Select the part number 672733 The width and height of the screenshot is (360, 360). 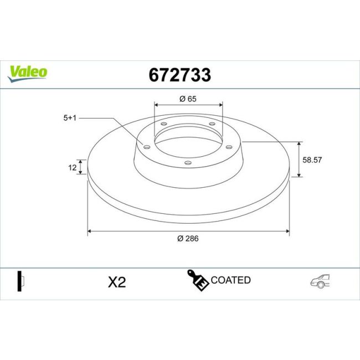click(x=180, y=75)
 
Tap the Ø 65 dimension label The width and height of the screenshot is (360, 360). click(x=188, y=99)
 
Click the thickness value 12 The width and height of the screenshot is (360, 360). click(x=71, y=167)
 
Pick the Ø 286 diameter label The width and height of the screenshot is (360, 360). click(x=188, y=239)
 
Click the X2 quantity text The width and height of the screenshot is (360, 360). click(x=117, y=282)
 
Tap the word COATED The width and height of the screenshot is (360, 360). click(x=230, y=280)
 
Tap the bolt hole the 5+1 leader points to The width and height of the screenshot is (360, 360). click(x=147, y=147)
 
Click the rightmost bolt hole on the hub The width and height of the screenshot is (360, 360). click(x=228, y=147)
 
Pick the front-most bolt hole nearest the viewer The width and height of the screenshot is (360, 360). click(x=188, y=162)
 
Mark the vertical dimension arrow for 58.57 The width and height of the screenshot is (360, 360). click(x=300, y=160)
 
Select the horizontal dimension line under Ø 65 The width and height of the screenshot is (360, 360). click(x=188, y=105)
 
